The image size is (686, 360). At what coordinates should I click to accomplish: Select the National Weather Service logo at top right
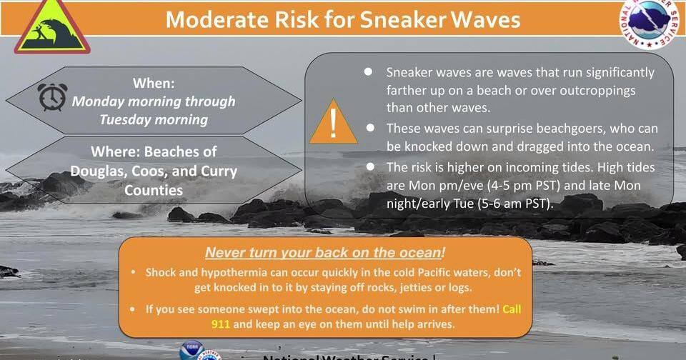pyautogui.click(x=648, y=22)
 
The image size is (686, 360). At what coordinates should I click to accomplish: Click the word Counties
pyautogui.click(x=154, y=190)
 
